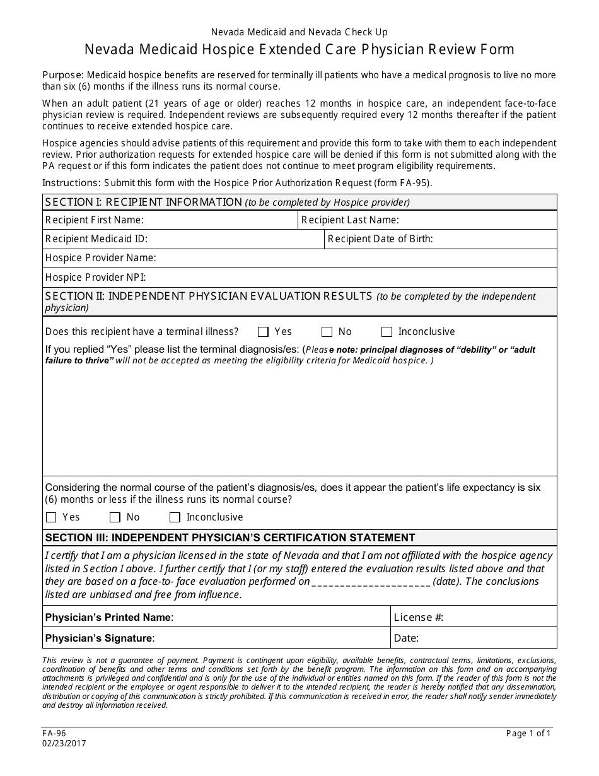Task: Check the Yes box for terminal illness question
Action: click(264, 332)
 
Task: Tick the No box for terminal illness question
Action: click(327, 332)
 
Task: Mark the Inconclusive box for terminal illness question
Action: click(387, 332)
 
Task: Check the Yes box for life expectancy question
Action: click(52, 517)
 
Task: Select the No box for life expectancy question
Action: click(115, 517)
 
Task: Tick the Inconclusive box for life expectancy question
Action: click(175, 517)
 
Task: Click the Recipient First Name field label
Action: click(95, 220)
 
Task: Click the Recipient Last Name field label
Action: click(350, 220)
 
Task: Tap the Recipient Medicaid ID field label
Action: click(96, 238)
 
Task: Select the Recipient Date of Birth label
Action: click(380, 238)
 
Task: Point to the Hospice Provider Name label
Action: click(101, 257)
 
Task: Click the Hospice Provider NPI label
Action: click(96, 277)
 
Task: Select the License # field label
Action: click(418, 617)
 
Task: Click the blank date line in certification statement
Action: click(371, 582)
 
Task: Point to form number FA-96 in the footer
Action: click(54, 733)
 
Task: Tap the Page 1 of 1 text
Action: click(528, 733)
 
